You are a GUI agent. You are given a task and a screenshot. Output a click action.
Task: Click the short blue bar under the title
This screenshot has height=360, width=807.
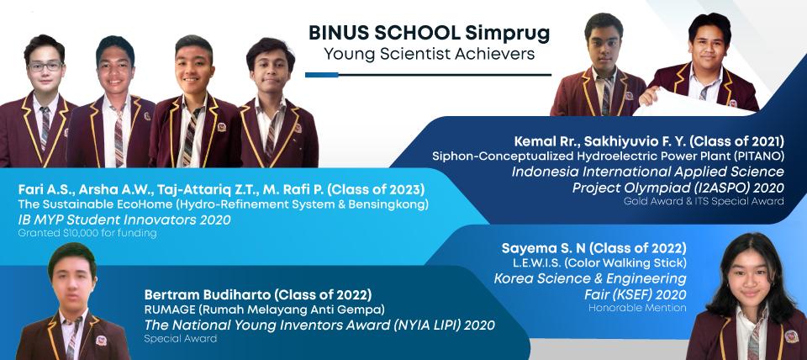321,75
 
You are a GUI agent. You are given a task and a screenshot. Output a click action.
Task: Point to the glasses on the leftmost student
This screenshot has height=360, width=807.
45,66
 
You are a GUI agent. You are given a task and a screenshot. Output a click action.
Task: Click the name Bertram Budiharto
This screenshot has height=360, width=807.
208,295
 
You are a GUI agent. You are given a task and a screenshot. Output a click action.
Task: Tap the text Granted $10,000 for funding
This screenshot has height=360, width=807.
87,233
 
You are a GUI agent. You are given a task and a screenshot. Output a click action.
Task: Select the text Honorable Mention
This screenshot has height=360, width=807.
638,308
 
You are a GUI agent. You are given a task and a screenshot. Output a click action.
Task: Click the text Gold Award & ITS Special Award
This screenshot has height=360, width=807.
704,201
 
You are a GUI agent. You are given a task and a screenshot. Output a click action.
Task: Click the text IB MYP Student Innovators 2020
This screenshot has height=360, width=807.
124,220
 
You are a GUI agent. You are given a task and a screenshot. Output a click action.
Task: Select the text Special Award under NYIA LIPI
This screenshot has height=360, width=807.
180,339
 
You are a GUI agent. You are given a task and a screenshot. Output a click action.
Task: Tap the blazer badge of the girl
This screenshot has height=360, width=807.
791,336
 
